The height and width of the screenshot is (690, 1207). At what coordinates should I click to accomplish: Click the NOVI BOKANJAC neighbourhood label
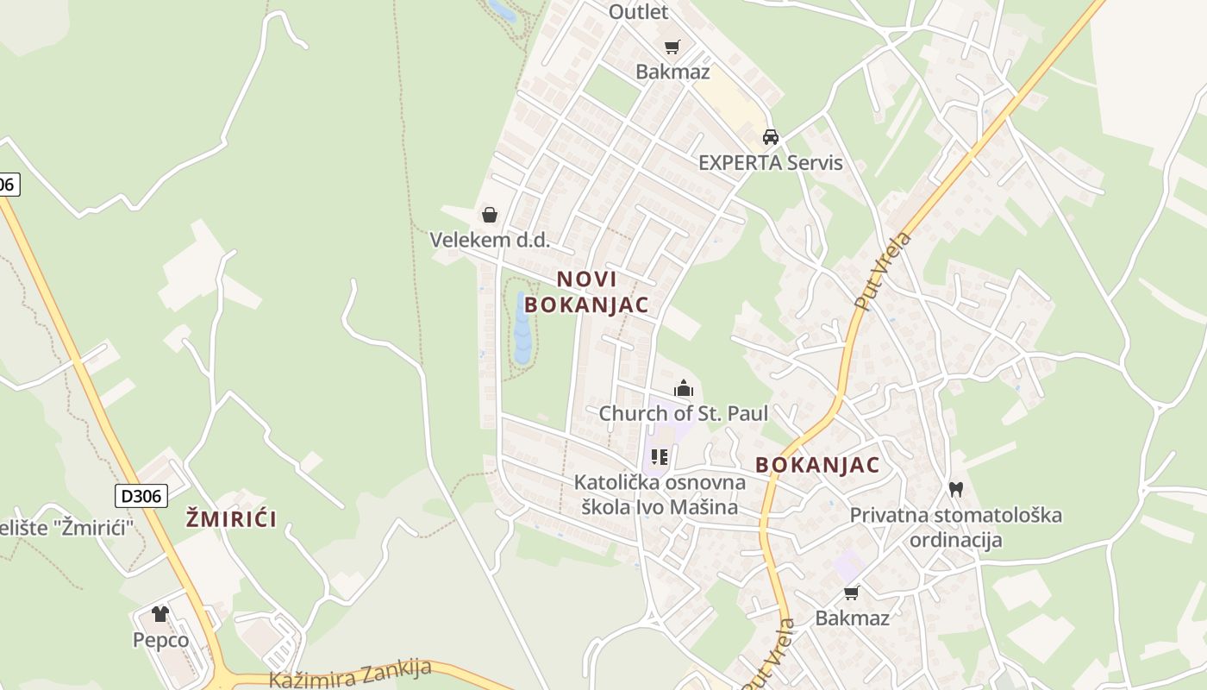pos(586,292)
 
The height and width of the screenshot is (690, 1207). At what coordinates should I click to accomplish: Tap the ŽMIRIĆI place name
pos(232,518)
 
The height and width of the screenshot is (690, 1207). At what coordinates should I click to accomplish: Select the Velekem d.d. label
pos(490,240)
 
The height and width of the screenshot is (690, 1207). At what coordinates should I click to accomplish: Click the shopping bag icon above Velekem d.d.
pos(490,215)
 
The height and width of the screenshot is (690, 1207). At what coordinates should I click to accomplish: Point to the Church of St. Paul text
pos(683,413)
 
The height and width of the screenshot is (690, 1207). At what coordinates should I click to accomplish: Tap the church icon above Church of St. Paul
pos(684,388)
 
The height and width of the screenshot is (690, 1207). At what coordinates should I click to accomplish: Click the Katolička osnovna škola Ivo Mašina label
pos(660,494)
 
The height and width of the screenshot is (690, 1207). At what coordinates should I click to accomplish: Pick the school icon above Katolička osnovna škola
pos(660,456)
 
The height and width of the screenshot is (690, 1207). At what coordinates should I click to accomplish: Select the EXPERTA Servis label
pos(770,162)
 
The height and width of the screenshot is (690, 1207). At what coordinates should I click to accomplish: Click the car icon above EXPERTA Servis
pos(771,137)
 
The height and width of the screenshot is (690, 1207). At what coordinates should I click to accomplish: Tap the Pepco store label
pos(160,640)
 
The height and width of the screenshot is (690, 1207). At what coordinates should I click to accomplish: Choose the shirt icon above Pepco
pos(160,614)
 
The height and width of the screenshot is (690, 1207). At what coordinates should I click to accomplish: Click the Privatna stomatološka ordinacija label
pos(955,528)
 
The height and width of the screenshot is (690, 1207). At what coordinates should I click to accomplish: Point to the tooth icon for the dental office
pos(955,489)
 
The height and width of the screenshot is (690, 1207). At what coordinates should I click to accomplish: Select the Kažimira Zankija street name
pos(350,674)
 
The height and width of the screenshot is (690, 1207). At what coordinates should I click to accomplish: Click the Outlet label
pos(638,11)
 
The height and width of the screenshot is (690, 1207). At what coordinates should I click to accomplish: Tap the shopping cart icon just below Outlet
pos(672,47)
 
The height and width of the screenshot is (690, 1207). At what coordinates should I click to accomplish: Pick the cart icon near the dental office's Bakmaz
pos(852,593)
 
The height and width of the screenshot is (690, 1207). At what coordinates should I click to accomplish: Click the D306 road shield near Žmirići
pos(141,495)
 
